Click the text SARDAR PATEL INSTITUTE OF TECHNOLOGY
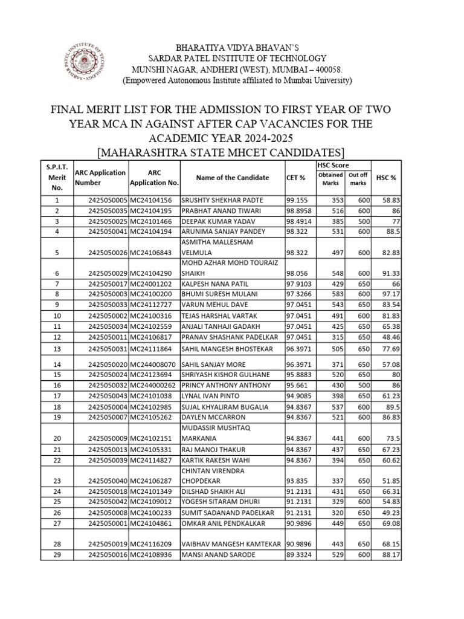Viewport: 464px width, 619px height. click(x=232, y=59)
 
